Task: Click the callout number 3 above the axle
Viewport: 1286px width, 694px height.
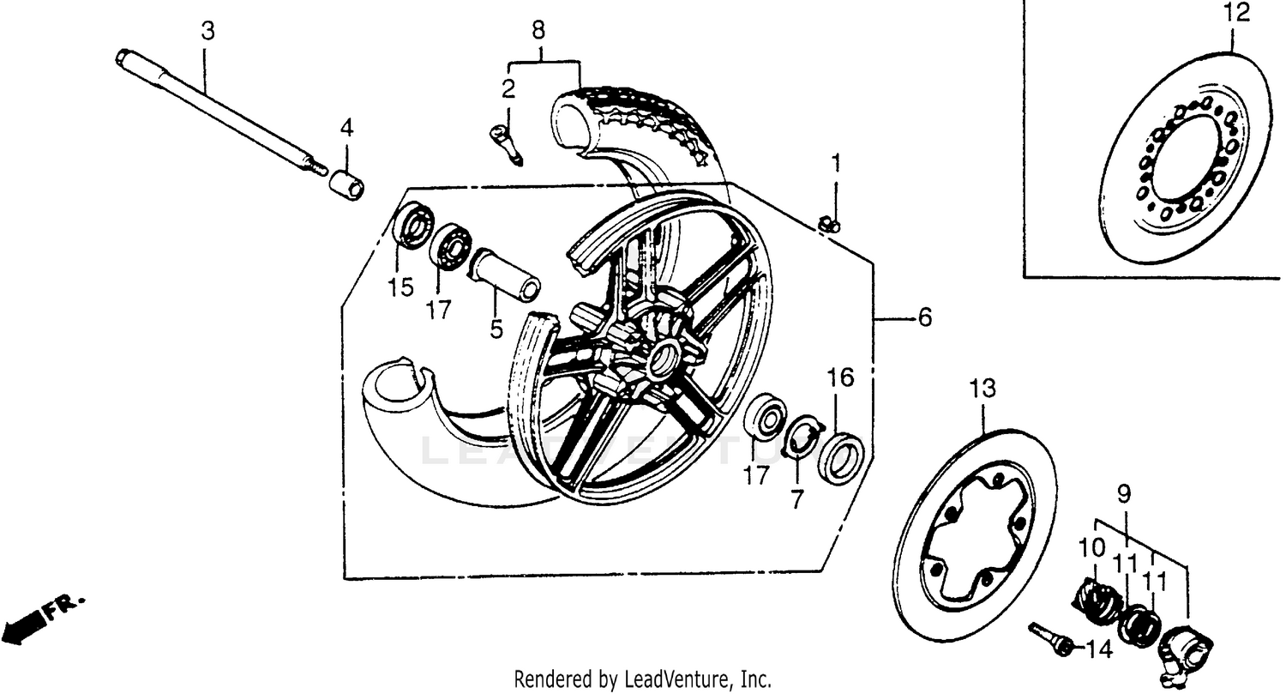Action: (207, 32)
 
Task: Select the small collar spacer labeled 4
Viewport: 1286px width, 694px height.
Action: (347, 184)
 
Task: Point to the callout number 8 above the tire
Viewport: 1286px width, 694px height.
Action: (538, 31)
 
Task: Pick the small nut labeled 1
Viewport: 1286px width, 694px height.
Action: (830, 225)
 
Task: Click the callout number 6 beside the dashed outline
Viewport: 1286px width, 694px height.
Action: (923, 318)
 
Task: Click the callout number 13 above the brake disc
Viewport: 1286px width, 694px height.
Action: (983, 389)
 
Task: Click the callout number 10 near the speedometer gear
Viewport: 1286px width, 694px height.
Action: (1092, 546)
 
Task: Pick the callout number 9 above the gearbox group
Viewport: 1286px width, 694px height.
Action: (1123, 494)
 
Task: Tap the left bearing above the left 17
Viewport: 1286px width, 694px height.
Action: (450, 247)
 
